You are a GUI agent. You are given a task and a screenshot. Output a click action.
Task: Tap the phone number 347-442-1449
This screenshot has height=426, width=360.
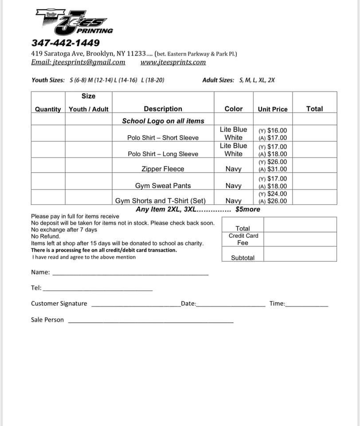click(65, 43)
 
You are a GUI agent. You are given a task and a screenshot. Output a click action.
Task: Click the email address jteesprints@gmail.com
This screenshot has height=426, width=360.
click(78, 63)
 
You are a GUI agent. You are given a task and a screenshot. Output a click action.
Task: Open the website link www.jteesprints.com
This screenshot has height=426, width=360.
click(173, 63)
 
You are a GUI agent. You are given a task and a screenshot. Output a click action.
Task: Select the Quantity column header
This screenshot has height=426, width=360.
click(48, 109)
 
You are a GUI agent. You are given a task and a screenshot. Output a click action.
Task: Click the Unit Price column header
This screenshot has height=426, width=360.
click(273, 109)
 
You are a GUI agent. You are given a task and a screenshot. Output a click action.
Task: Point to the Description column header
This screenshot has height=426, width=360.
click(163, 109)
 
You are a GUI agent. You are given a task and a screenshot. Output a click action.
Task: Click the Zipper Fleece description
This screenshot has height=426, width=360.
click(163, 169)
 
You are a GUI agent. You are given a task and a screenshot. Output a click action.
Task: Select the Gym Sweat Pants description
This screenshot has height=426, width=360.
click(163, 186)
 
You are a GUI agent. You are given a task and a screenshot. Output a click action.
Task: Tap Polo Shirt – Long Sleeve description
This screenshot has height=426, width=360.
click(163, 154)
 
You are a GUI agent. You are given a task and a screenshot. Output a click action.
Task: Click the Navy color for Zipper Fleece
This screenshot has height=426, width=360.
click(233, 169)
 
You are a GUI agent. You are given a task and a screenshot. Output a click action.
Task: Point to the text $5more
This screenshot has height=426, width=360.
click(248, 209)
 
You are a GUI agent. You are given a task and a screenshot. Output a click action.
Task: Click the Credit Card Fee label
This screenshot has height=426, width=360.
click(243, 239)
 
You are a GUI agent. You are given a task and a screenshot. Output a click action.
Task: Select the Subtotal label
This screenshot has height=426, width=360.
click(243, 258)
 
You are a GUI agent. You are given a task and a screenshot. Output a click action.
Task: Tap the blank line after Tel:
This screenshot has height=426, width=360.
click(98, 289)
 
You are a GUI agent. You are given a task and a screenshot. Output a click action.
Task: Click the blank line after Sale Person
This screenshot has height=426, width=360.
click(151, 322)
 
